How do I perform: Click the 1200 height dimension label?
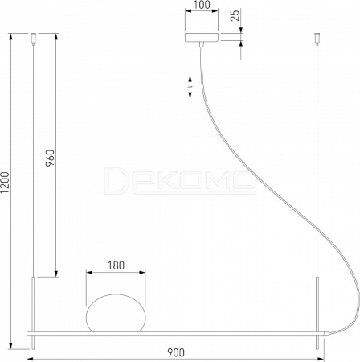[5, 183]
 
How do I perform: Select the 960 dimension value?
[50, 158]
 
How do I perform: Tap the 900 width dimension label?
[176, 352]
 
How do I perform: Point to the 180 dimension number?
[116, 265]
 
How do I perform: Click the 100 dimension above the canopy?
[202, 5]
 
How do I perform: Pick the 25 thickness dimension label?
[235, 15]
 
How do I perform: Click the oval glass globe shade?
[116, 313]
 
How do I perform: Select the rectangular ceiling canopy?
[202, 38]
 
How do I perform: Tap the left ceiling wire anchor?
[33, 38]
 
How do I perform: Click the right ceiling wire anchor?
[317, 38]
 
